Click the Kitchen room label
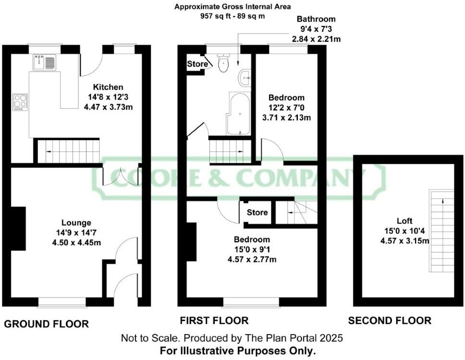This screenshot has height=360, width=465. tap(108, 87)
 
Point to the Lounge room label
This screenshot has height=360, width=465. tap(76, 223)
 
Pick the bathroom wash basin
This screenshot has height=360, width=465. tap(245, 77)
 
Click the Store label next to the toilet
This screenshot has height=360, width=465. tap(197, 64)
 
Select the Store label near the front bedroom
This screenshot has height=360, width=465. tap(257, 212)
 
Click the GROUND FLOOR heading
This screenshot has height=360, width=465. tap(47, 324)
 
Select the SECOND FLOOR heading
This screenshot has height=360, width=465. tap(390, 321)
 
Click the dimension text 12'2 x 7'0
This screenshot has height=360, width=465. tap(286, 107)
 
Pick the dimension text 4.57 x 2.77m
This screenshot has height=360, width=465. tap(252, 260)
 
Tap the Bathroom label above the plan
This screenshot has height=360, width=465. tap(316, 19)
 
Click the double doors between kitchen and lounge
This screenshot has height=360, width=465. tap(121, 177)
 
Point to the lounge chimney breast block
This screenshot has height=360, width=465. tap(18, 228)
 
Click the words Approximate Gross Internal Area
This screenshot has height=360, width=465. tap(232, 7)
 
